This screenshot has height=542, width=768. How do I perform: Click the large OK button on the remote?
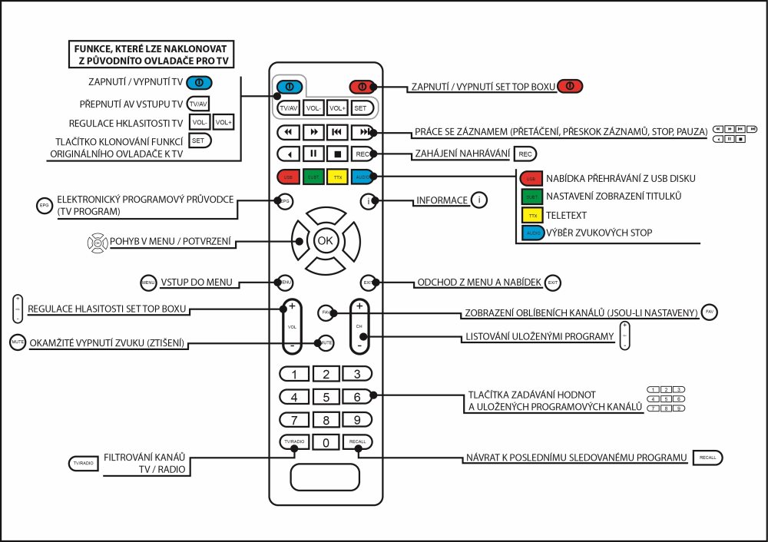click(326, 240)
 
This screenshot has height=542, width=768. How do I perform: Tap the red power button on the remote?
click(361, 86)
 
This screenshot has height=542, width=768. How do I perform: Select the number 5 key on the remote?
click(326, 397)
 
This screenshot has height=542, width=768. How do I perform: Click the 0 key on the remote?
click(326, 442)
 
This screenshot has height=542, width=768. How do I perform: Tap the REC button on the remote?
click(362, 154)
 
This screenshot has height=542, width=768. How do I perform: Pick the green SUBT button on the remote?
click(313, 177)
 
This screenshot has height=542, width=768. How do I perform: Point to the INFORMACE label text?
click(442, 200)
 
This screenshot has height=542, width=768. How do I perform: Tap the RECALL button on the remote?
click(357, 442)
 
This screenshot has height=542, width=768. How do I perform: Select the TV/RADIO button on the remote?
click(293, 442)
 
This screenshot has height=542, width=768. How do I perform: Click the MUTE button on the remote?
click(326, 342)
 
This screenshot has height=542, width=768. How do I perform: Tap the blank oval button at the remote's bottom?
click(325, 477)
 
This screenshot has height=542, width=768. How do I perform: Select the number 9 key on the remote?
click(356, 420)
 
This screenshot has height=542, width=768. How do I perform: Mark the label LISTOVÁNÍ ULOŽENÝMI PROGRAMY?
click(539, 337)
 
